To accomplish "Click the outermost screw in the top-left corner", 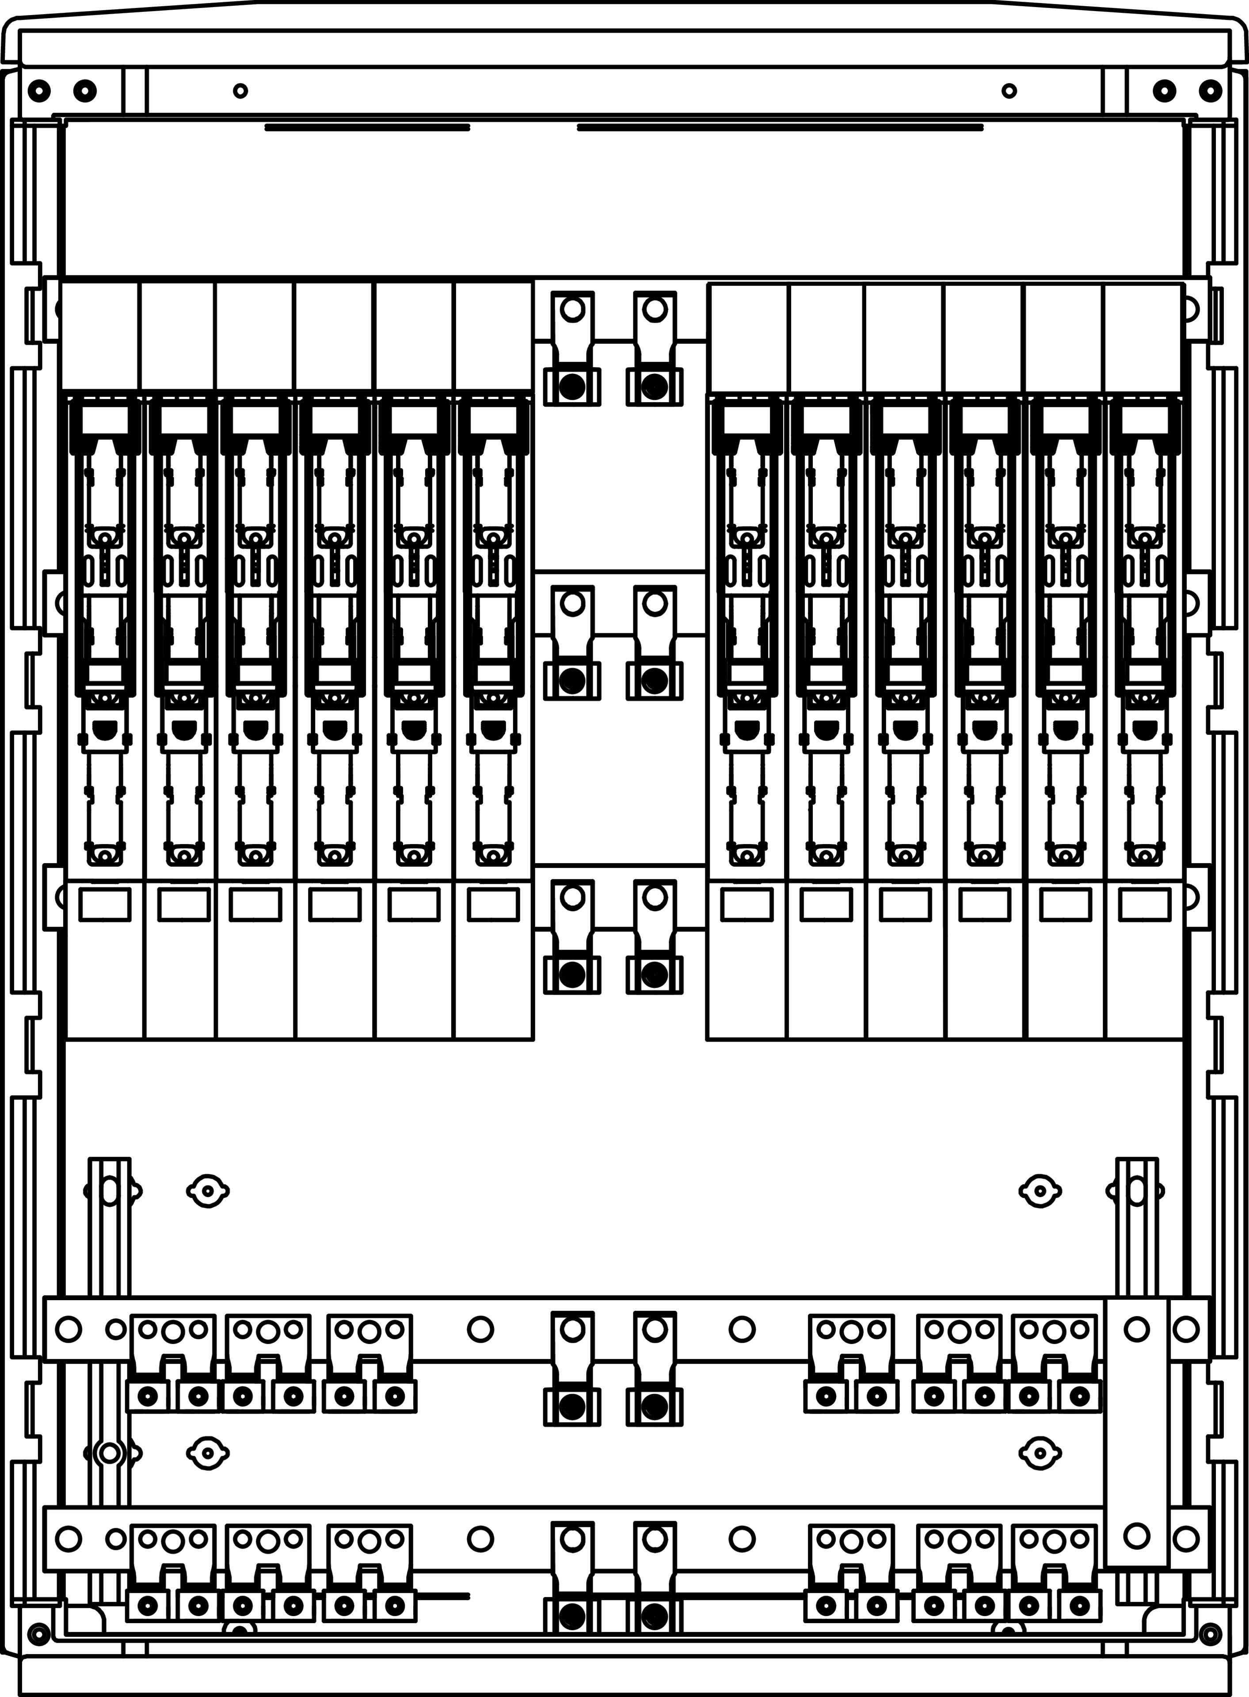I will click(39, 91).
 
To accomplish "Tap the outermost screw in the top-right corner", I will click(1210, 91).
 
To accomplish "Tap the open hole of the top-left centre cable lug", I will click(573, 309).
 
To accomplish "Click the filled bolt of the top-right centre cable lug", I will click(655, 387).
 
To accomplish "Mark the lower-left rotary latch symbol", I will click(208, 1453).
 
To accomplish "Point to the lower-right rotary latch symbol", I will click(1040, 1453).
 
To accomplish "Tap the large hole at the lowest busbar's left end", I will click(68, 1538).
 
